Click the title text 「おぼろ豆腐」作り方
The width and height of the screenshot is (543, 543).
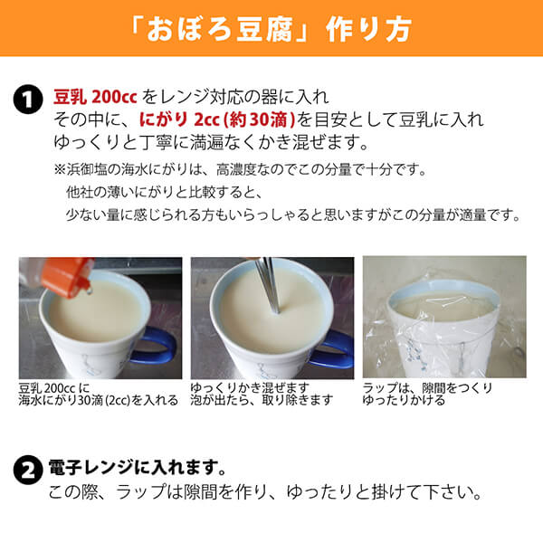coord(271,28)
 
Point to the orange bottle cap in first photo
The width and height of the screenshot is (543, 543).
coord(69,272)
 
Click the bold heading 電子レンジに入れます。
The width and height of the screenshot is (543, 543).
coord(136,471)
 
